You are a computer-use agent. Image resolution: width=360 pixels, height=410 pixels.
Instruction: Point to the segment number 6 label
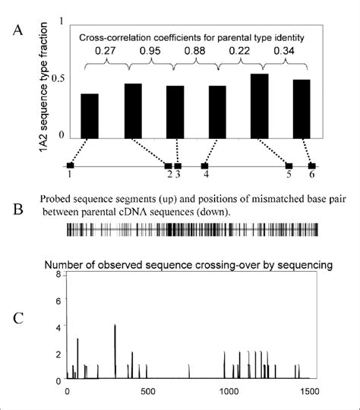tap(311, 175)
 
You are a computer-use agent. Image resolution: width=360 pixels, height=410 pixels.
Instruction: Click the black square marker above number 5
tap(289, 165)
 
